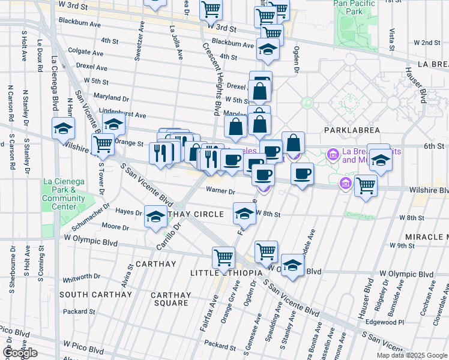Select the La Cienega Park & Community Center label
64,193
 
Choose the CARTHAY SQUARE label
170,299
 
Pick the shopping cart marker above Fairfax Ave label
223,257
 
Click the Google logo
20,353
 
